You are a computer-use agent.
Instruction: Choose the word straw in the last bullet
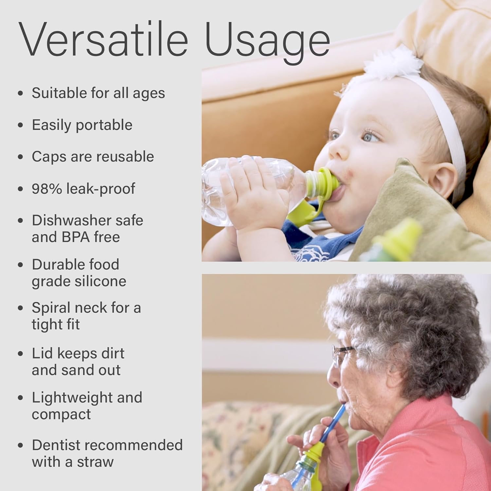pyautogui.click(x=95, y=462)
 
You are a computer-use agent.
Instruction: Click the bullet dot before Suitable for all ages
pyautogui.click(x=21, y=93)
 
